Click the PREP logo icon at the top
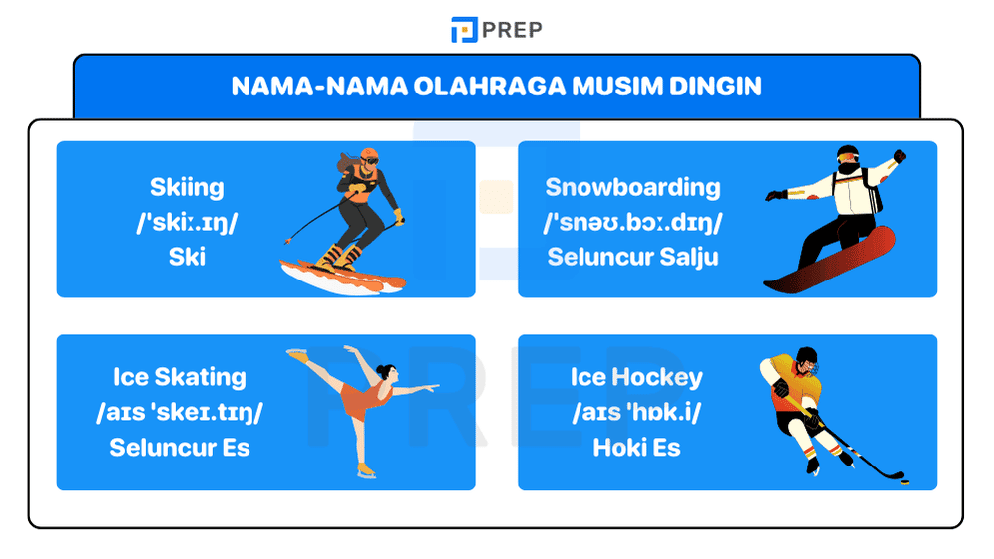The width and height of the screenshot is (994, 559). [464, 30]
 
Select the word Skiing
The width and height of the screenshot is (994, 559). [187, 187]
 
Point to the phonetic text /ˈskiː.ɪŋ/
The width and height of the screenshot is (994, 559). [187, 222]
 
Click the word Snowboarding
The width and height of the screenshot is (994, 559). [632, 187]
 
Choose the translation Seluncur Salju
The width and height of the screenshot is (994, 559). [632, 257]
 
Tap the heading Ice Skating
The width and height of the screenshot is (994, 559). [179, 377]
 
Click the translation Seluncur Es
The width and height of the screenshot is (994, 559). [179, 447]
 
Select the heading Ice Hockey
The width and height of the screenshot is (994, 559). [636, 377]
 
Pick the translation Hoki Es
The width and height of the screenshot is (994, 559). [636, 447]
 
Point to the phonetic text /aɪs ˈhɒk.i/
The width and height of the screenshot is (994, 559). [636, 412]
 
